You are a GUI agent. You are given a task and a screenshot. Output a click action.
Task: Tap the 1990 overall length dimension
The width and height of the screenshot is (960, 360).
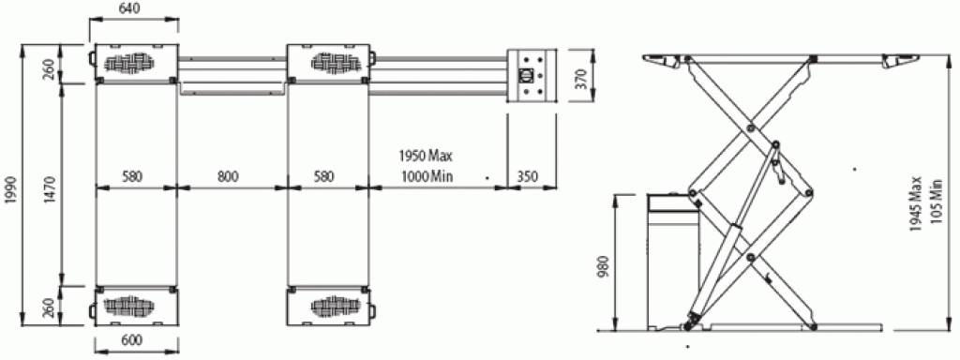point(11,187)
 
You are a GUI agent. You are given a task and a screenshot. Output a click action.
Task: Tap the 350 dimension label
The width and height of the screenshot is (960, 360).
point(527,176)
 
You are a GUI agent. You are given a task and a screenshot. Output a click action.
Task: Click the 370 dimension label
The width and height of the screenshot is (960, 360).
point(581,79)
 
